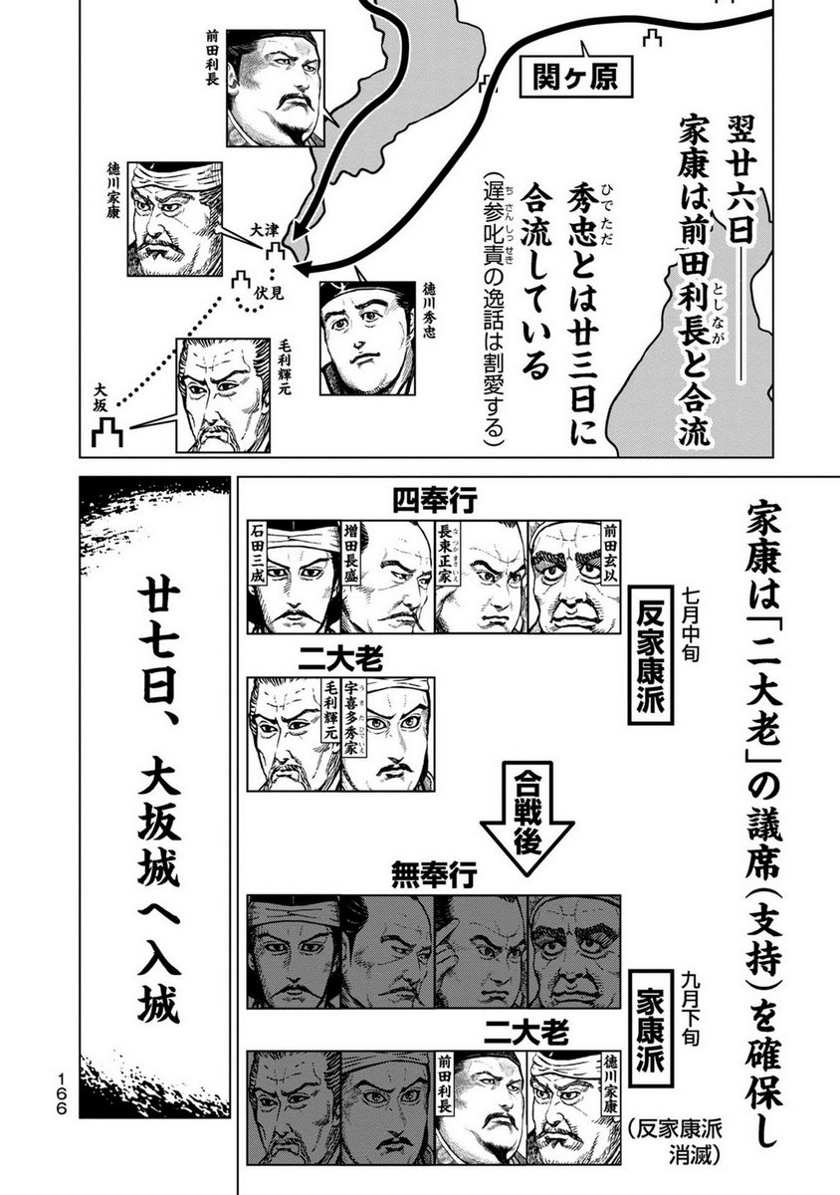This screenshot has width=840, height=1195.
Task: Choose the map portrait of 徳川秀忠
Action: tap(367, 339)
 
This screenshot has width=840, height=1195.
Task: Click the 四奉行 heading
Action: tap(435, 502)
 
